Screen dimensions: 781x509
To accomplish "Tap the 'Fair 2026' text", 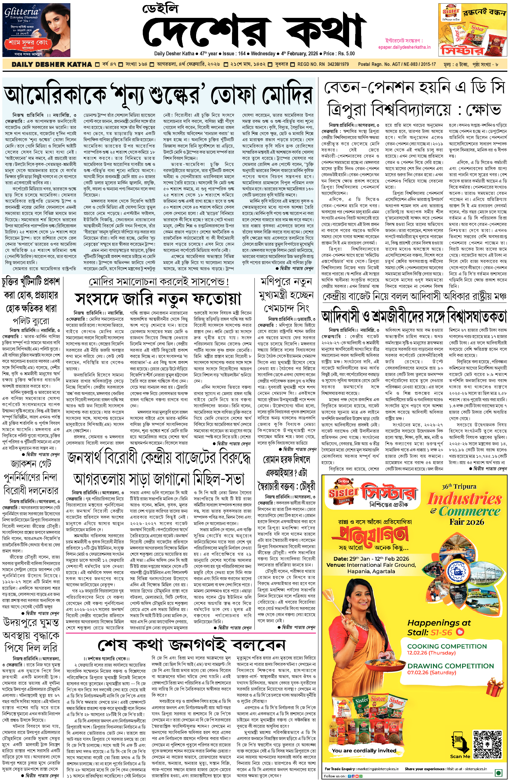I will [x=467, y=522].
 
